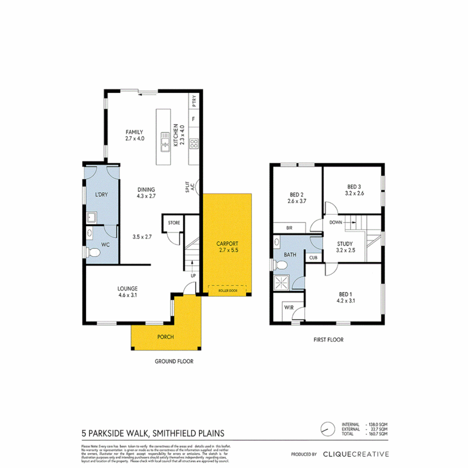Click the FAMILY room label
(x=134, y=132)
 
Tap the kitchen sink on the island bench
(x=165, y=143)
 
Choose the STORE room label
(x=174, y=223)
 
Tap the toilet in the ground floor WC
(x=92, y=252)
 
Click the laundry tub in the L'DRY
(x=91, y=217)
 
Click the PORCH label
(x=166, y=337)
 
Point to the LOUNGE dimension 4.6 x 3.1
(x=127, y=296)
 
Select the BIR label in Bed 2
(x=289, y=227)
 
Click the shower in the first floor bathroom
(x=282, y=283)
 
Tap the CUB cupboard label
(x=313, y=257)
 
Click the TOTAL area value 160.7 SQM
(x=377, y=433)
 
